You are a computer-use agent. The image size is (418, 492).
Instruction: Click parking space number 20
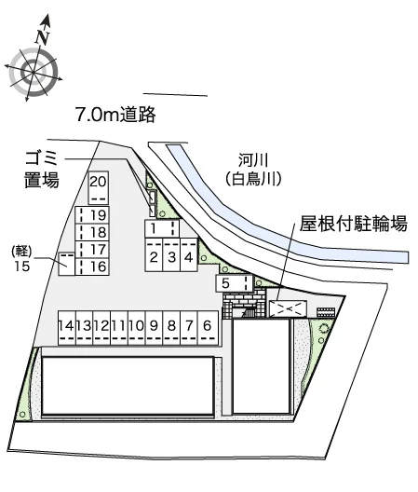[98, 188]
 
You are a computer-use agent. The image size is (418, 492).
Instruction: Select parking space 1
[162, 228]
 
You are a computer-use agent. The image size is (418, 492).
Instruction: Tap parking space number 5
[235, 283]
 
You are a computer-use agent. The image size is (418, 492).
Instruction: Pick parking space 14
[66, 328]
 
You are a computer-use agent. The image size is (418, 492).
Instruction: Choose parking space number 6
[208, 328]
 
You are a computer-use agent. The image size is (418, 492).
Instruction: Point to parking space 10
[137, 328]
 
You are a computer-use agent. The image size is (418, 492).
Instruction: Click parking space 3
[171, 254]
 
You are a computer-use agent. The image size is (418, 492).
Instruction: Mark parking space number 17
[92, 250]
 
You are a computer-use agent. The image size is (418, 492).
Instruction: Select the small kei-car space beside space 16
[66, 264]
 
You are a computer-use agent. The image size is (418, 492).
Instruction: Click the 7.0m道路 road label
[115, 115]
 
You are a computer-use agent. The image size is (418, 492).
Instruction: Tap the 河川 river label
[253, 160]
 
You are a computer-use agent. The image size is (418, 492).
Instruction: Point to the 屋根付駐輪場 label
[354, 224]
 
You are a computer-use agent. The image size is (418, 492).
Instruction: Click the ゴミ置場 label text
[42, 170]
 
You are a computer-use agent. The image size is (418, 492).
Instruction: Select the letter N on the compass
[42, 37]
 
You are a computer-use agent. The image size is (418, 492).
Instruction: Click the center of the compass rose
[34, 73]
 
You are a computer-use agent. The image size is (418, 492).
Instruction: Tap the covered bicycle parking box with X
[288, 308]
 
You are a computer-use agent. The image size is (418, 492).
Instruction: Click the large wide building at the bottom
[128, 386]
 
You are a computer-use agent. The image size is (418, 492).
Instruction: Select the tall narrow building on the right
[262, 366]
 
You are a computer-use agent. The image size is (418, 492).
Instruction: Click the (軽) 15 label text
[21, 259]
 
